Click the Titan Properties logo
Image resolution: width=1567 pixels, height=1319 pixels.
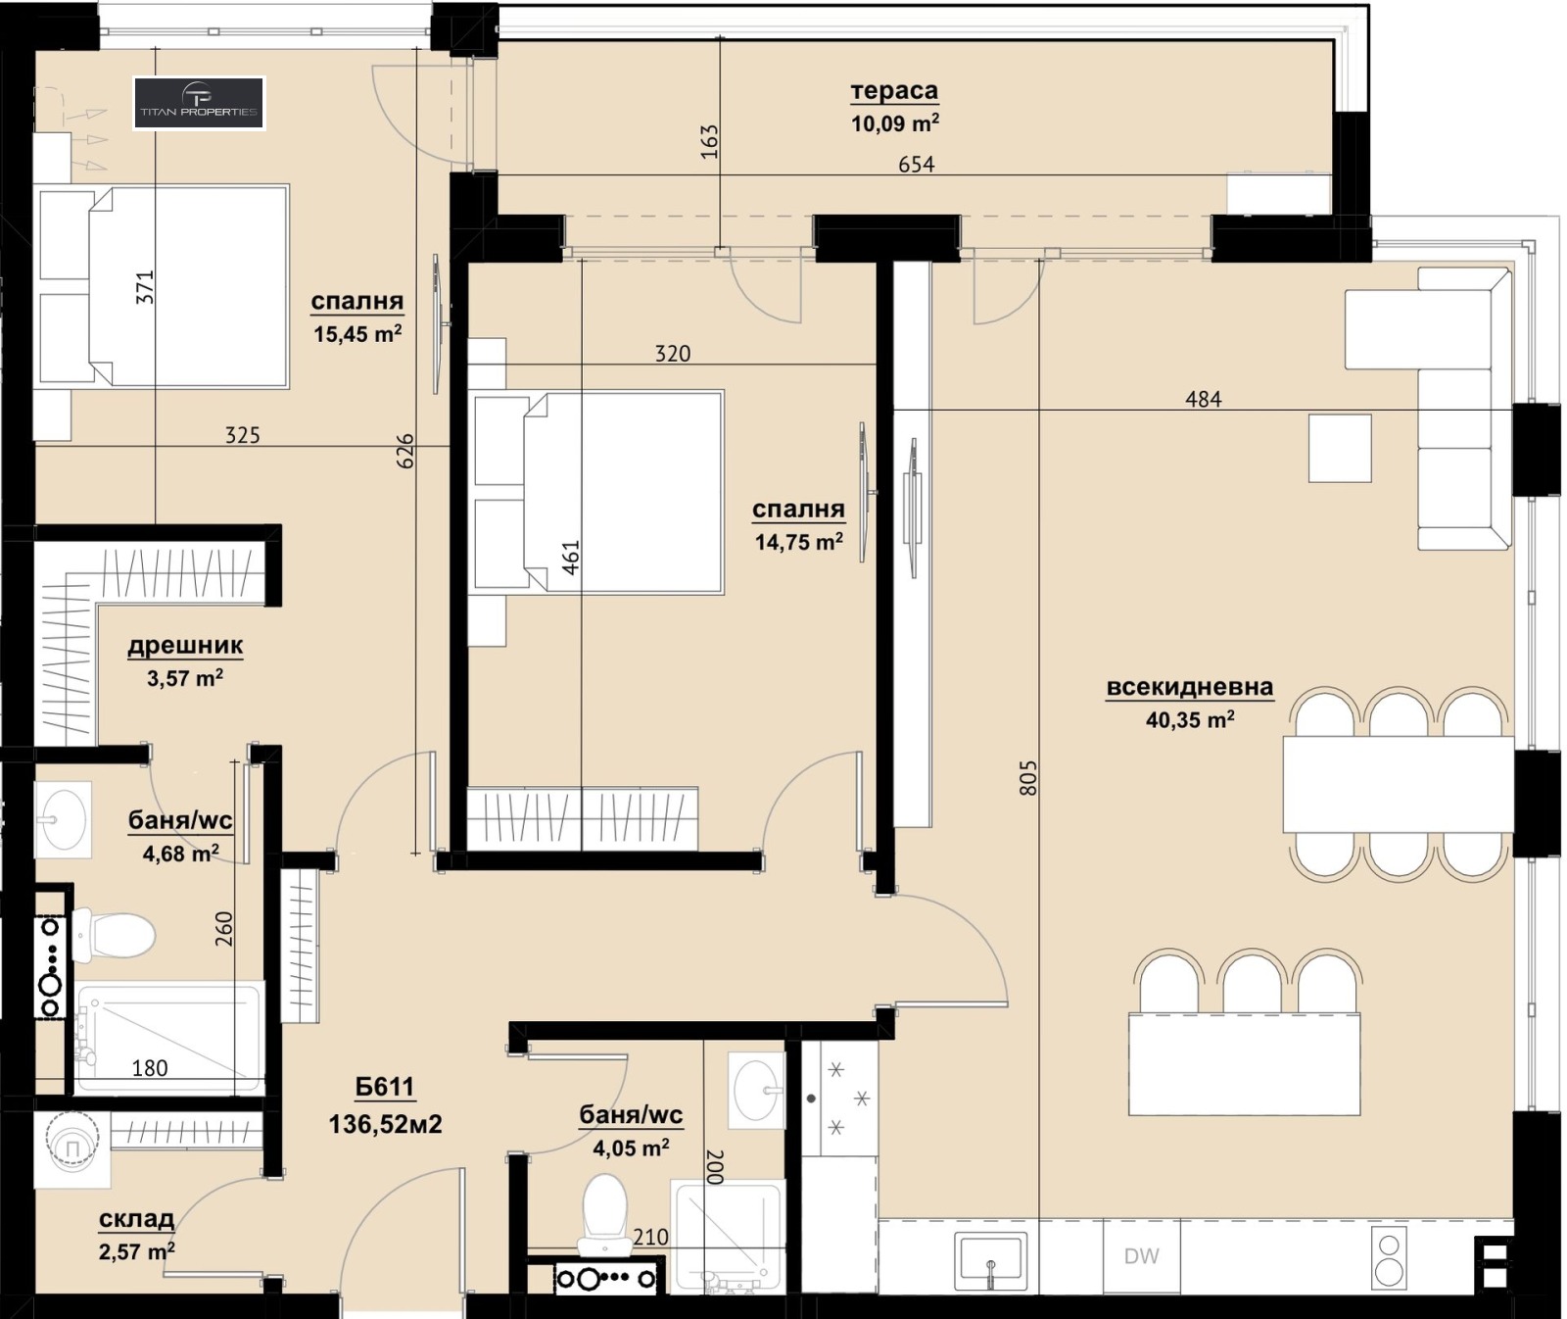click(x=199, y=103)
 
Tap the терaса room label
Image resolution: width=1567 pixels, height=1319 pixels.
click(x=894, y=91)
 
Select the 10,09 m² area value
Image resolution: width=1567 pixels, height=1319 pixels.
click(x=895, y=123)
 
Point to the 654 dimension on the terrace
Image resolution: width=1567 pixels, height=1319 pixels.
click(x=917, y=165)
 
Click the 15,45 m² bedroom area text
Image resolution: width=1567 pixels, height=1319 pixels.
click(x=357, y=334)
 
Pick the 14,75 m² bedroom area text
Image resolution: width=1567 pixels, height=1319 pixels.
click(x=799, y=542)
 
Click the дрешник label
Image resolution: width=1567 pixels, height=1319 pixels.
click(x=185, y=646)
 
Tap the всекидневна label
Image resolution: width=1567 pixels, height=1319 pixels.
click(x=1190, y=687)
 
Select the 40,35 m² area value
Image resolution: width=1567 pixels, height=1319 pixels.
click(x=1190, y=720)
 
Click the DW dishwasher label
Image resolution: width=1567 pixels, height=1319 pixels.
click(x=1142, y=1256)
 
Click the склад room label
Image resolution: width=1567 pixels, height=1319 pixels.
click(x=136, y=1219)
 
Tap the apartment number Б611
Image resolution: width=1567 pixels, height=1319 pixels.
click(x=385, y=1087)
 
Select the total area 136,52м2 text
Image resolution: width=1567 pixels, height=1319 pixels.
click(x=385, y=1124)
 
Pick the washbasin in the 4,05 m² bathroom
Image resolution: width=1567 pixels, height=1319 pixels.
click(x=757, y=1091)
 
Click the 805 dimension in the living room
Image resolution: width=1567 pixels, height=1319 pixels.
click(x=1027, y=777)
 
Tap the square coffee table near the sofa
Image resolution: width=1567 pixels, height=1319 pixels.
click(x=1340, y=448)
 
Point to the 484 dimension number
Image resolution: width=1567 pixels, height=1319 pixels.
click(x=1204, y=399)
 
